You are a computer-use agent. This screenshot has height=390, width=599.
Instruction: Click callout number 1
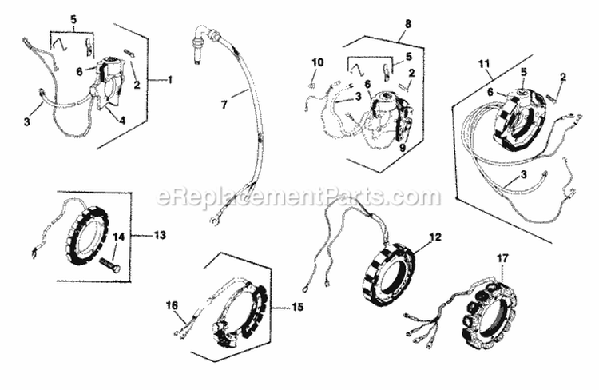[170, 80]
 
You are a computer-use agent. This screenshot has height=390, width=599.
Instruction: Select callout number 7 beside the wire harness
[224, 104]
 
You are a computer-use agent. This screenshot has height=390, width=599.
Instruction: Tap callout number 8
[408, 24]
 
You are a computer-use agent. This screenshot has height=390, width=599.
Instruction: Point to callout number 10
[317, 62]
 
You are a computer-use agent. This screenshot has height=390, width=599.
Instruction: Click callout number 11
[484, 63]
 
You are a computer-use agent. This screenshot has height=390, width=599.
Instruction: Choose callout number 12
[435, 237]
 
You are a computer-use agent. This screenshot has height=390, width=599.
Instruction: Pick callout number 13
[161, 235]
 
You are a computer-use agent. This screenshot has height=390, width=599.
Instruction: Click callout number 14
[118, 237]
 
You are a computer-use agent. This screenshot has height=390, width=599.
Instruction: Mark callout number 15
[298, 307]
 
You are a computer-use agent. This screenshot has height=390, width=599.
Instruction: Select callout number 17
[502, 258]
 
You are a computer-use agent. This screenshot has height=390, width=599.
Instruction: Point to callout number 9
[403, 148]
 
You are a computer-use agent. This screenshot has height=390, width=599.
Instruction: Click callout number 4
[122, 121]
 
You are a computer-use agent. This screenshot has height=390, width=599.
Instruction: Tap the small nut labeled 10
[311, 84]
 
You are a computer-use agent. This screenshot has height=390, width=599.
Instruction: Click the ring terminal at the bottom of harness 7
[213, 220]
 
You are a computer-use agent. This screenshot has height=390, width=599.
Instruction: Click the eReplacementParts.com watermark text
[299, 197]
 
